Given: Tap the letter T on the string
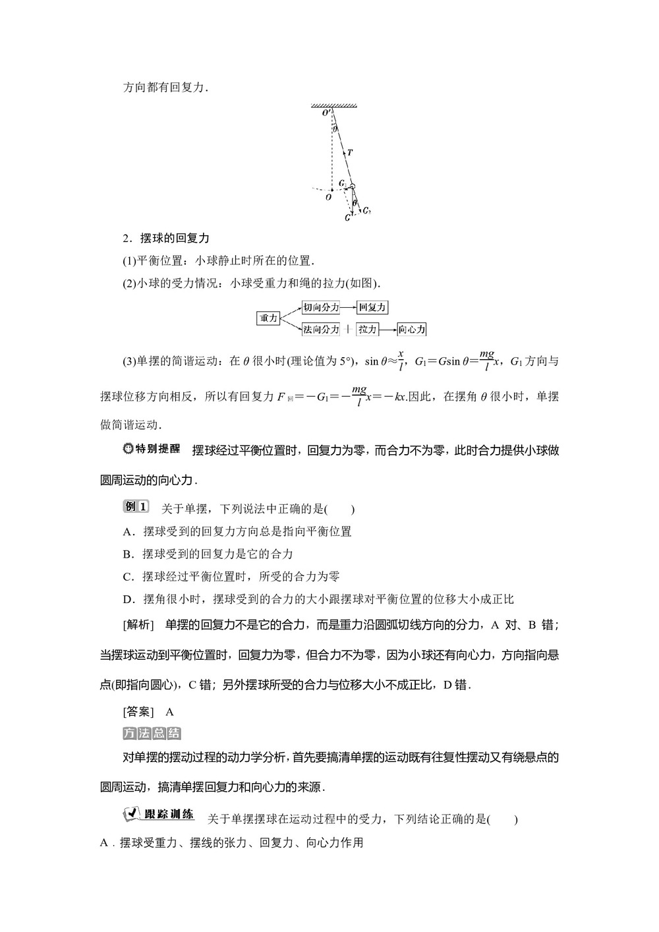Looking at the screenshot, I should (350, 152).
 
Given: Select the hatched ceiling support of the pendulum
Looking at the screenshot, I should (334, 105).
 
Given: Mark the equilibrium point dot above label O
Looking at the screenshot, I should (332, 189).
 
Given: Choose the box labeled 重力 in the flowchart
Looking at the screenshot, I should (269, 318).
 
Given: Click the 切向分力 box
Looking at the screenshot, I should (320, 307).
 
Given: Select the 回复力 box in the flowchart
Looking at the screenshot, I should (372, 307).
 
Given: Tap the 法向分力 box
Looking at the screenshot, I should (320, 329).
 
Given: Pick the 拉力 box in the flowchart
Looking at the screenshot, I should (368, 329).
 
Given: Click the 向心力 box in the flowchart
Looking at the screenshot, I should (412, 329).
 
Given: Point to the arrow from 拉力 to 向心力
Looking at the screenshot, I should (388, 329).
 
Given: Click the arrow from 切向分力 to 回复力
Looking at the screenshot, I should (348, 307).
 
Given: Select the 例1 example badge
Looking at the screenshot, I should (136, 507).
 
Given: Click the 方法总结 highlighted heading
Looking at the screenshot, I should (152, 734).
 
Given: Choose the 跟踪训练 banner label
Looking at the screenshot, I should (159, 814).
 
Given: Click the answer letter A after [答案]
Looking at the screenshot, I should (169, 712).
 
